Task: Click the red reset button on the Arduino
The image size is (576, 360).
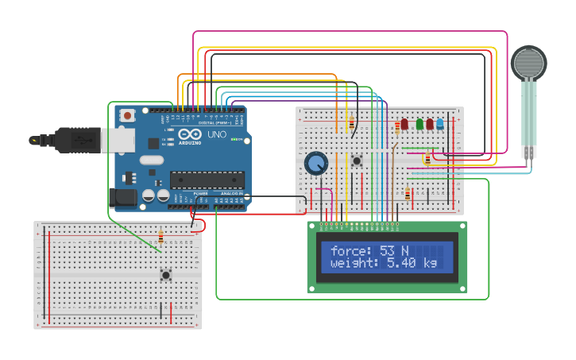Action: pos(127,116)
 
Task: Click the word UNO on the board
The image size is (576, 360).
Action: pos(216,134)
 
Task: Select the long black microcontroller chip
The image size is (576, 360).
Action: pos(206,180)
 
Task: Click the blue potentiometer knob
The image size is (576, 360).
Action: pos(316,164)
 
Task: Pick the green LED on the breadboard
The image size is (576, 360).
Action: pos(416,125)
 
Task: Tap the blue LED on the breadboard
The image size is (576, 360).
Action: pos(439,125)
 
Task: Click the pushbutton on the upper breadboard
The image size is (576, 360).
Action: pos(357,161)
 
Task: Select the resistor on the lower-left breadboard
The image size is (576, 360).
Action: pos(161,236)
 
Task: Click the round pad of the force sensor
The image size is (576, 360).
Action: pos(528,62)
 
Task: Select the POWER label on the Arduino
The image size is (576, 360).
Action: pos(201,193)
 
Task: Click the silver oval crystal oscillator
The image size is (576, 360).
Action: pos(150,160)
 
